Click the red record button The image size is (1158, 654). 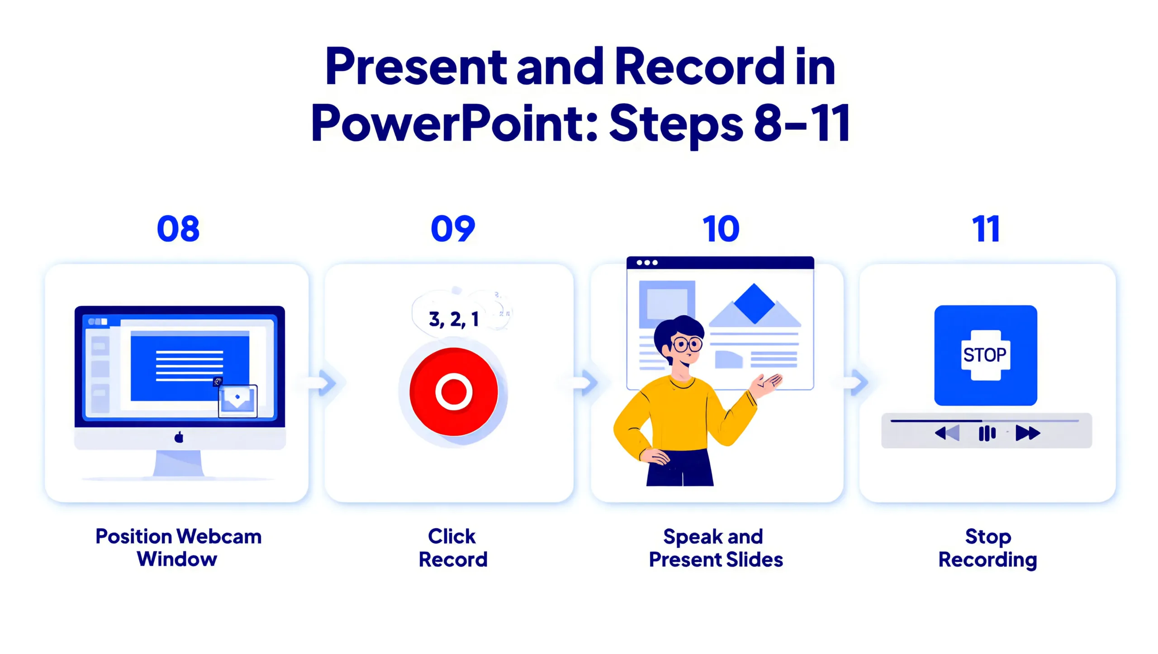pyautogui.click(x=454, y=392)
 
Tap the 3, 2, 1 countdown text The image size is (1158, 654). pyautogui.click(x=454, y=319)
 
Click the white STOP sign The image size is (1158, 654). pyautogui.click(x=985, y=355)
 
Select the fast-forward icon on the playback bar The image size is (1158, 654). pyautogui.click(x=1028, y=433)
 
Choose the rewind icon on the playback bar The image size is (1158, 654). pyautogui.click(x=947, y=433)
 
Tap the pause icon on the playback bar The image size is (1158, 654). pyautogui.click(x=987, y=433)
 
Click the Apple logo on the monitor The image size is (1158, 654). pyautogui.click(x=179, y=437)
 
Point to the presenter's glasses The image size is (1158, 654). pyautogui.click(x=687, y=345)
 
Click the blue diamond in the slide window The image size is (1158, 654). pyautogui.click(x=754, y=303)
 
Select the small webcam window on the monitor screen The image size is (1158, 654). pyautogui.click(x=238, y=400)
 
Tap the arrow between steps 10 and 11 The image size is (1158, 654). pyautogui.click(x=858, y=383)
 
